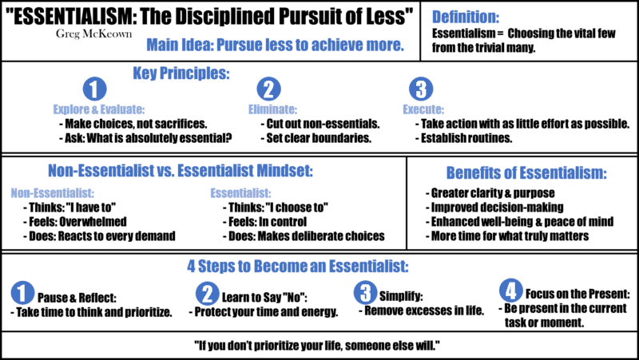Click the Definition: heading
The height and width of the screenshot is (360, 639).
[466, 17]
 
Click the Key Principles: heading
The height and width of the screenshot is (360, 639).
[181, 73]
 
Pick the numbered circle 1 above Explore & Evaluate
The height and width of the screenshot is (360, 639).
[94, 89]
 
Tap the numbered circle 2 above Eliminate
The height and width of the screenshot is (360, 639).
[268, 89]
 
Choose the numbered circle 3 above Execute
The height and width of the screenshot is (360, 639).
[421, 89]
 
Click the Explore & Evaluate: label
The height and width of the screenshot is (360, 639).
[98, 110]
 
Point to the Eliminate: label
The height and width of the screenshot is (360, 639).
[272, 110]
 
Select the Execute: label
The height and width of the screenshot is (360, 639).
[423, 110]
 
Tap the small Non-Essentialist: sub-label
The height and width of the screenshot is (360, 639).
[53, 193]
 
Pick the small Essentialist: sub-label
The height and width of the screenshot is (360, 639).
[240, 193]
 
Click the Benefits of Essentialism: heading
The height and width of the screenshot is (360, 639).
[526, 173]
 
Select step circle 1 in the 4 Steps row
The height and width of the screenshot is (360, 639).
[22, 293]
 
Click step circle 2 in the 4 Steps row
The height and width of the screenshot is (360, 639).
[207, 294]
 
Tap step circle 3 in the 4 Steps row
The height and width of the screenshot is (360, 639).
[365, 293]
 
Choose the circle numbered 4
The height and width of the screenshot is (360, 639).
[511, 291]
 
